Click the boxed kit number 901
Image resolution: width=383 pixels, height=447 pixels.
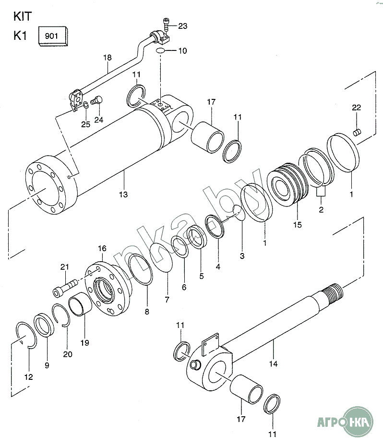click(51, 36)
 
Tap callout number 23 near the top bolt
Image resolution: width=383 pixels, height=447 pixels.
click(183, 26)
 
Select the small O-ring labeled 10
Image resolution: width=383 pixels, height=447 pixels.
click(160, 51)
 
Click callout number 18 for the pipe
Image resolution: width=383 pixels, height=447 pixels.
click(108, 58)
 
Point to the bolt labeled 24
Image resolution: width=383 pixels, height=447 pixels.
click(96, 100)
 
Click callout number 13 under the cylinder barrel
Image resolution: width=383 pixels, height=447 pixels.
click(123, 195)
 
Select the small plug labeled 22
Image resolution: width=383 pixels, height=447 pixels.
click(357, 133)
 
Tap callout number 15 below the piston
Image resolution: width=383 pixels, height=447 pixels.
click(297, 225)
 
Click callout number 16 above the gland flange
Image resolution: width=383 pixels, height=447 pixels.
click(102, 249)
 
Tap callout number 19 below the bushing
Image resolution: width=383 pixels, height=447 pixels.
click(84, 343)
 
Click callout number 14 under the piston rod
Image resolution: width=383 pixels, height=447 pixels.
click(273, 364)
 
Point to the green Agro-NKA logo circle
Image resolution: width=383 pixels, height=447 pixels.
click(358, 422)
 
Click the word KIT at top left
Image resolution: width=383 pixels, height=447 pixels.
click(23, 16)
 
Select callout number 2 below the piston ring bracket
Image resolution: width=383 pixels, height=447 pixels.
click(321, 210)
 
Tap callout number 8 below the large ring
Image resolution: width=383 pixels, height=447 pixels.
click(147, 312)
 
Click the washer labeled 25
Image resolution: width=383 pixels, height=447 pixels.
click(86, 106)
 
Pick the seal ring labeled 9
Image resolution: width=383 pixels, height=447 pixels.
click(44, 325)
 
